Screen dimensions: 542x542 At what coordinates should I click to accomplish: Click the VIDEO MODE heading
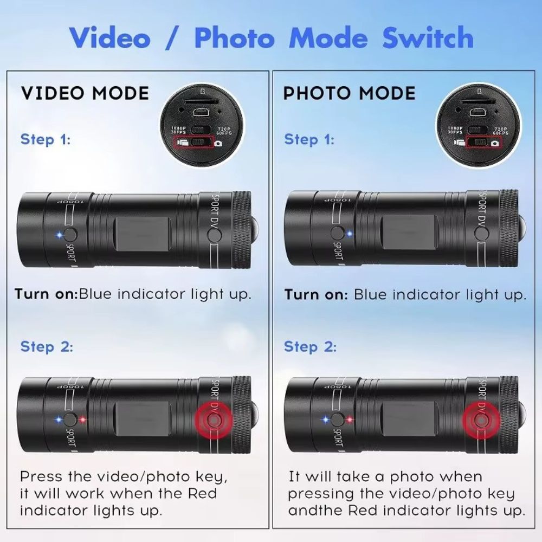point(85,93)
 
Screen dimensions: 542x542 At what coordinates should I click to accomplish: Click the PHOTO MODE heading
point(349,93)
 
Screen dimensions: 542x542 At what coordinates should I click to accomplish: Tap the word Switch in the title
point(428,38)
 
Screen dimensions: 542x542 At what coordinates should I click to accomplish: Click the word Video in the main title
point(109,38)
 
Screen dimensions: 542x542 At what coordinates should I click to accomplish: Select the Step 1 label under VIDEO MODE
point(46,139)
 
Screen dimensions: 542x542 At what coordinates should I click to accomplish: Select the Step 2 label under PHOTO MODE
point(310,346)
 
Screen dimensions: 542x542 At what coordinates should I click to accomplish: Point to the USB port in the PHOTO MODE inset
point(478,112)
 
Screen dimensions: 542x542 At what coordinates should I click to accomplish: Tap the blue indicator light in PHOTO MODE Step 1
point(350,234)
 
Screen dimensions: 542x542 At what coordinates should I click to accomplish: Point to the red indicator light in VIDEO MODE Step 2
point(82,419)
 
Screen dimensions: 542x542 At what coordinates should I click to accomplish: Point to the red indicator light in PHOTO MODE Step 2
point(350,419)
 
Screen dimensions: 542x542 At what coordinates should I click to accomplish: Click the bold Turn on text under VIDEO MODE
point(46,294)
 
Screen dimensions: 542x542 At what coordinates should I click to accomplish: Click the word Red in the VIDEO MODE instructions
point(202,493)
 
